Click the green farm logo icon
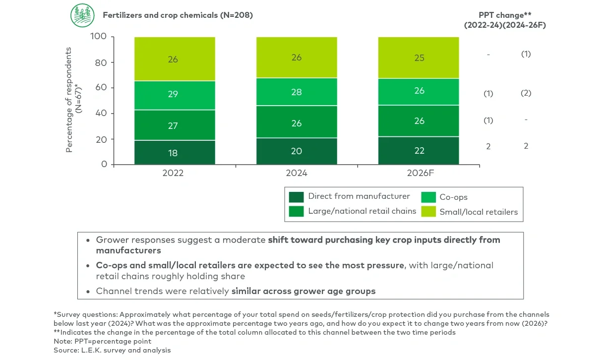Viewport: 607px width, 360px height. tap(82, 15)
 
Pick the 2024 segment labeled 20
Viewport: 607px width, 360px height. tap(297, 151)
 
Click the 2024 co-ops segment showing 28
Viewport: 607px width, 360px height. tap(297, 92)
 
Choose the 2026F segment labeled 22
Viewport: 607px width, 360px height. tap(419, 150)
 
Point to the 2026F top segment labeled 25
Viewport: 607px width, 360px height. tap(419, 58)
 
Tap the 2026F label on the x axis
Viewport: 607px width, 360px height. tap(420, 173)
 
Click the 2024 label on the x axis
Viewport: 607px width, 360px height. tap(297, 173)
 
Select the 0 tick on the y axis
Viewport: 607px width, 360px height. tap(104, 164)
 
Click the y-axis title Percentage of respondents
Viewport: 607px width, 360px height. tap(69, 99)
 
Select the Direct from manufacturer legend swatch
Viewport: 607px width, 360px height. tap(296, 197)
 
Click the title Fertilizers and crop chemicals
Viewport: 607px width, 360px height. tap(178, 15)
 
